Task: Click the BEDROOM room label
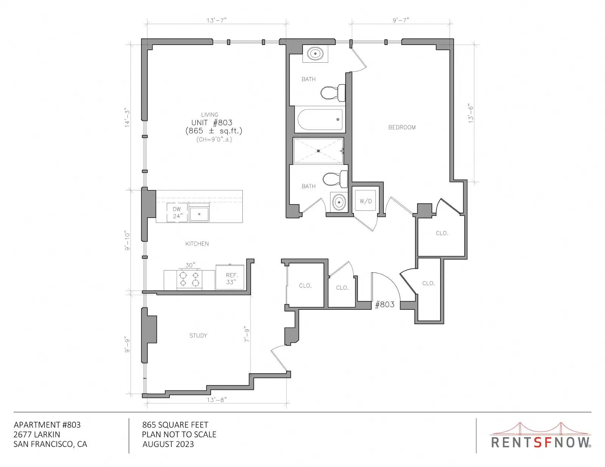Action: click(x=402, y=127)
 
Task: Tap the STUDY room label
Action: click(x=198, y=336)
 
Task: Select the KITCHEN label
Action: click(x=197, y=244)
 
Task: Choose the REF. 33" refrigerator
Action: click(x=230, y=277)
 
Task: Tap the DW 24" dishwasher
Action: click(x=177, y=212)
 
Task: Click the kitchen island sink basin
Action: click(x=199, y=213)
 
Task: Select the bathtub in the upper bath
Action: click(x=320, y=120)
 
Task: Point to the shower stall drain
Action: click(x=318, y=151)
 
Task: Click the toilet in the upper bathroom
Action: click(x=333, y=93)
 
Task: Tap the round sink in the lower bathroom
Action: click(x=339, y=202)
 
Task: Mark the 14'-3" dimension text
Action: click(x=127, y=118)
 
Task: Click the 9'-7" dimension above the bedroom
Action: click(x=401, y=20)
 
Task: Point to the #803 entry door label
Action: click(x=385, y=304)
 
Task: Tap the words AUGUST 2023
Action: click(x=168, y=444)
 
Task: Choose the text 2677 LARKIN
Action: click(x=37, y=435)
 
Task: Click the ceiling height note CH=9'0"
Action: click(x=214, y=139)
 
